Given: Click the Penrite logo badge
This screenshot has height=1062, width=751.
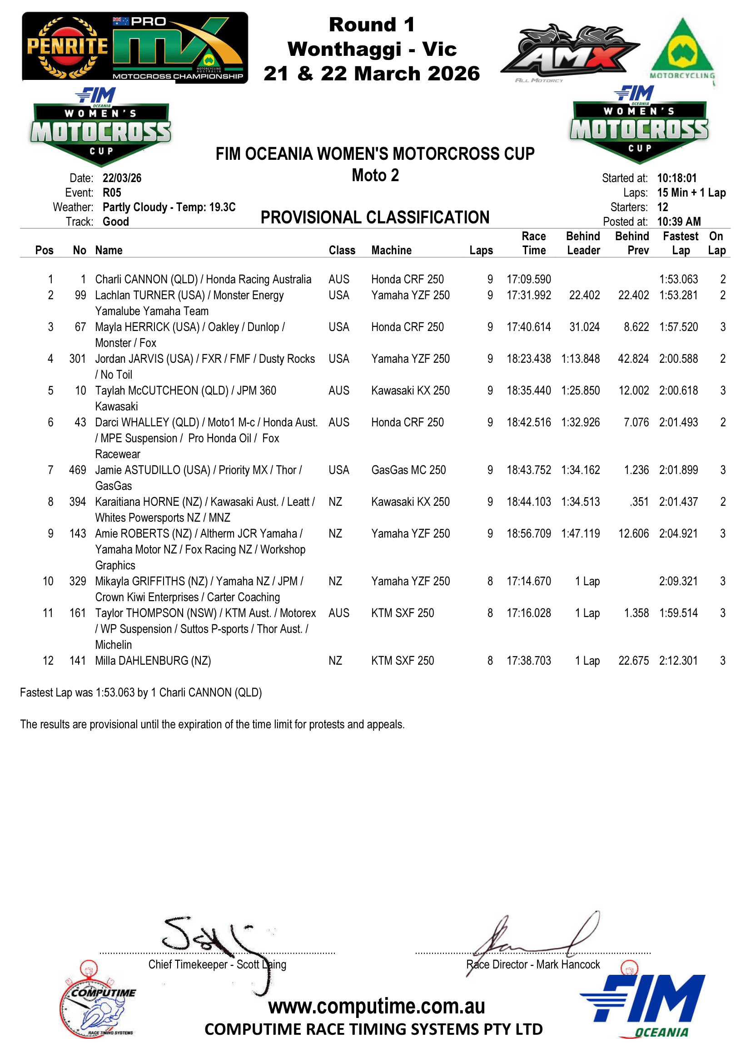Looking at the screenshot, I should pos(67,47).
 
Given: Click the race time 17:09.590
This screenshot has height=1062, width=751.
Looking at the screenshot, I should pos(528,279).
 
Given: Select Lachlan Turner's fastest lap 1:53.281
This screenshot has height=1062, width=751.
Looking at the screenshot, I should pos(678,295).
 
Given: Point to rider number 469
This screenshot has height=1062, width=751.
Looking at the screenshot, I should pos(77,470).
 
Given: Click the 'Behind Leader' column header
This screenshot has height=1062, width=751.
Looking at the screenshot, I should pos(583,243).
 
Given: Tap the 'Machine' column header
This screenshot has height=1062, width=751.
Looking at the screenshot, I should pos(391,250).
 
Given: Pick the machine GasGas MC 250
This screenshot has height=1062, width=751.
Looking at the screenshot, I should pos(408,470).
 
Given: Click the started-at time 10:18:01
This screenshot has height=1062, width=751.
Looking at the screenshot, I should pos(676,178).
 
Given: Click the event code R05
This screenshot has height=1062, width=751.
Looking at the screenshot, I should pos(112,193).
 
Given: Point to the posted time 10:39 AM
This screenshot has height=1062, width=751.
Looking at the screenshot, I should pos(678,222).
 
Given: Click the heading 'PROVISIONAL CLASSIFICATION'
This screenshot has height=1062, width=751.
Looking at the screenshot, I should pos(375,217).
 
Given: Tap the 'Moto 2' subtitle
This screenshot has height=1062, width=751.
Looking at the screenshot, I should pos(375,175).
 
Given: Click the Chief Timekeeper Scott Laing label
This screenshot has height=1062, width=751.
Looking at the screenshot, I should pos(217,964).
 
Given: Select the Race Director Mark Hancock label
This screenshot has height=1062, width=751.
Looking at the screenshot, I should pos(532,964).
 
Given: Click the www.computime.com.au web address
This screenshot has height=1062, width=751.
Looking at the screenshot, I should pos(376,1007).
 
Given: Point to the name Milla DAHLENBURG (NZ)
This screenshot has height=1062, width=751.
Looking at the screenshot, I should pos(153,661).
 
